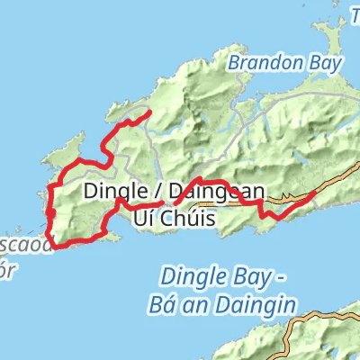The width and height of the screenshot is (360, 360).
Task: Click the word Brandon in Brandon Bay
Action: tap(256, 64)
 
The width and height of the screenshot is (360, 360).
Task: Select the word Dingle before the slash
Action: tap(111, 191)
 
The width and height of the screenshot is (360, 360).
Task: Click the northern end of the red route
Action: tap(146, 112)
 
